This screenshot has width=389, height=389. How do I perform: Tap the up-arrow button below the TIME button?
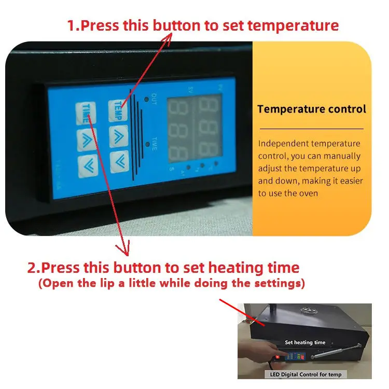pyautogui.click(x=87, y=138)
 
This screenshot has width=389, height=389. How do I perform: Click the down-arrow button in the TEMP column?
pyautogui.click(x=120, y=160)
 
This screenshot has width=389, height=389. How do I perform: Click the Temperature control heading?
pyautogui.click(x=312, y=109)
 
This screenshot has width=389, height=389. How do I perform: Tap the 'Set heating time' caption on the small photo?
pyautogui.click(x=305, y=342)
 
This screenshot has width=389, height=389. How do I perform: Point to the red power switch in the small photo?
pyautogui.click(x=277, y=357)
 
